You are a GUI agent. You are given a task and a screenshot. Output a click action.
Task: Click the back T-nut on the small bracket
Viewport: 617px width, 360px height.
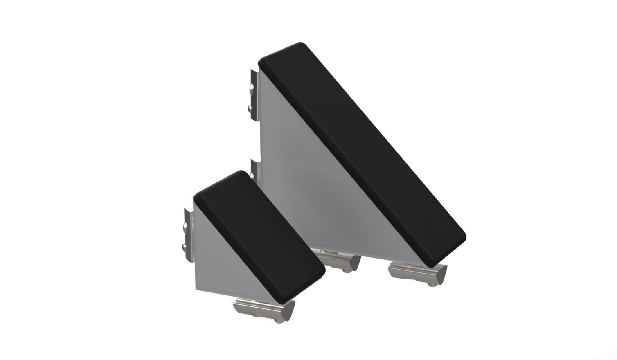click(188, 233)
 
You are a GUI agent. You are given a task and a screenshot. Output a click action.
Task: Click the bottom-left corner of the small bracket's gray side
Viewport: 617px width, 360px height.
click(196, 291)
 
